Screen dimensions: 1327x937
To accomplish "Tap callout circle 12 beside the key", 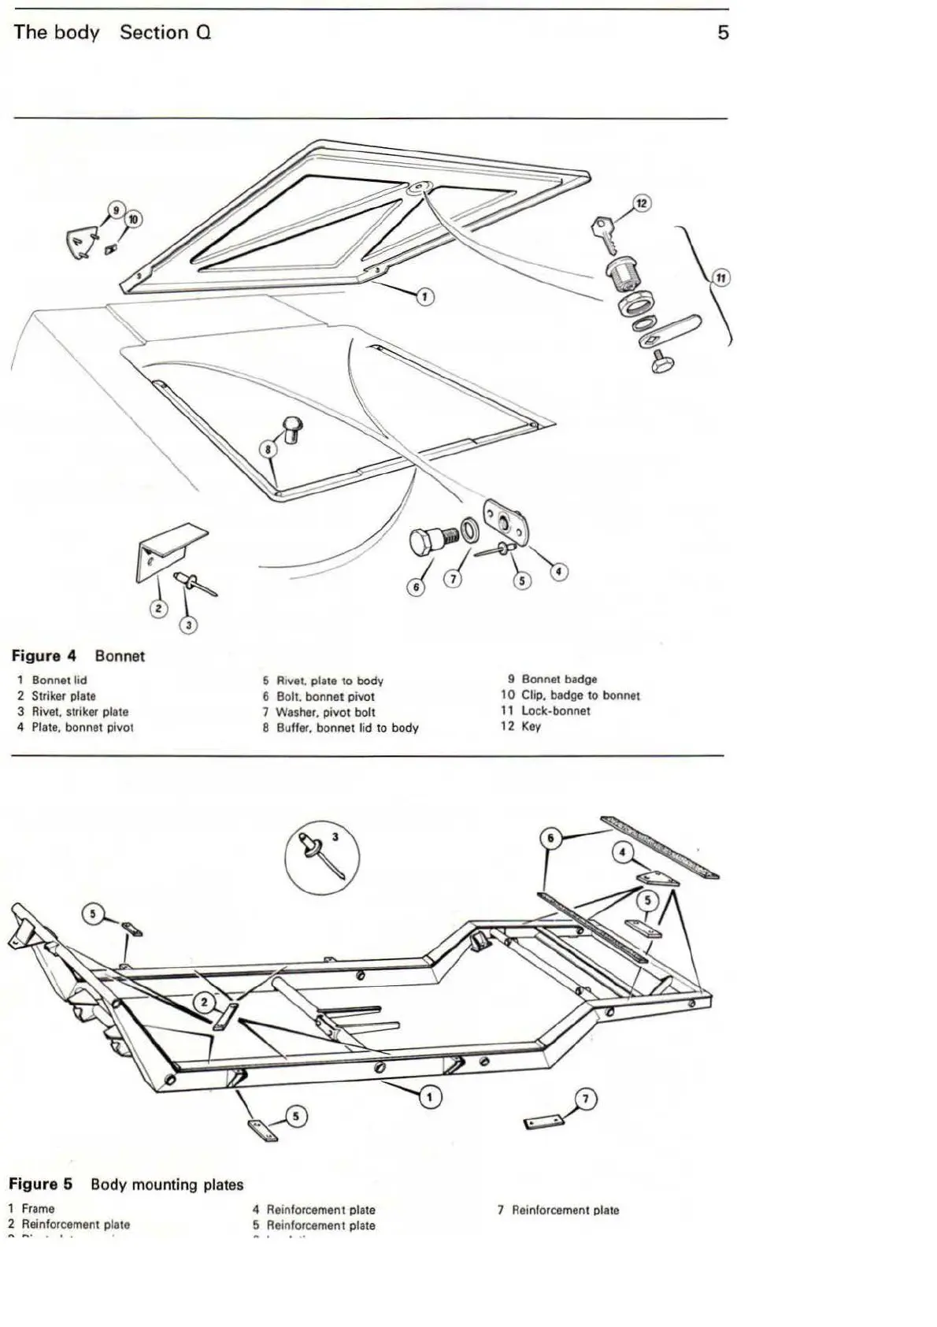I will coord(641,205).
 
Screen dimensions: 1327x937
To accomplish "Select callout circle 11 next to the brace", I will coord(720,278).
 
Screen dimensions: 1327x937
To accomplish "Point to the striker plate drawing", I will coord(167,551).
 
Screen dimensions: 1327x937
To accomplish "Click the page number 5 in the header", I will coord(723,33).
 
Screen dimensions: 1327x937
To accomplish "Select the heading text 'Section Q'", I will coord(165,33).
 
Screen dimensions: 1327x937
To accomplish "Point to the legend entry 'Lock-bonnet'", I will coord(555,710).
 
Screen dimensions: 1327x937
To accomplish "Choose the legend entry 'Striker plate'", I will coord(63,696).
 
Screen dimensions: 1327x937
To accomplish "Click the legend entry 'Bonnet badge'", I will coord(559,679).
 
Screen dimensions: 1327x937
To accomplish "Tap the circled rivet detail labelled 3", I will coord(321,855).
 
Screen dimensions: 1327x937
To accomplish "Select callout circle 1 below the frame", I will coord(430,1096).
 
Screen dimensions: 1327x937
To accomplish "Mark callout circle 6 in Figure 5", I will coord(552,839).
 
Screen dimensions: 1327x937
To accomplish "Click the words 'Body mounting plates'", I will coord(167,1184).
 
